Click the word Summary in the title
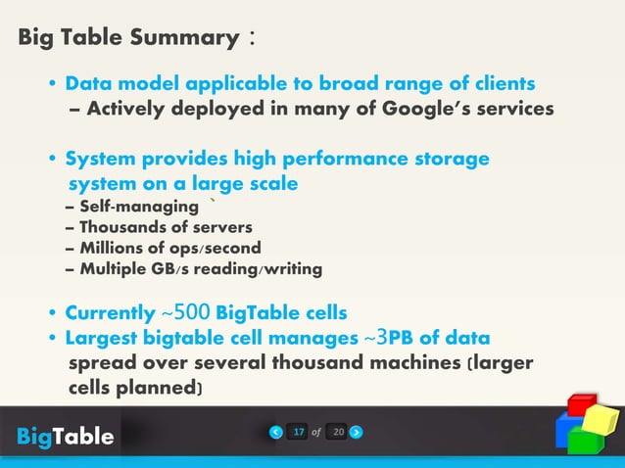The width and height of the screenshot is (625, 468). pyautogui.click(x=185, y=39)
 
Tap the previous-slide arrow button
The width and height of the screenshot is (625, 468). pyautogui.click(x=277, y=431)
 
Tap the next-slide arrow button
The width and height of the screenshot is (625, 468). pyautogui.click(x=356, y=431)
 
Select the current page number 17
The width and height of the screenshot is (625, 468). pyautogui.click(x=299, y=431)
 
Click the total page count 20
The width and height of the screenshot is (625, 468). pyautogui.click(x=336, y=431)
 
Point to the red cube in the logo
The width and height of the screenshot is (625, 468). pyautogui.click(x=584, y=403)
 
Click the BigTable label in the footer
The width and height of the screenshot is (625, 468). pyautogui.click(x=65, y=436)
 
